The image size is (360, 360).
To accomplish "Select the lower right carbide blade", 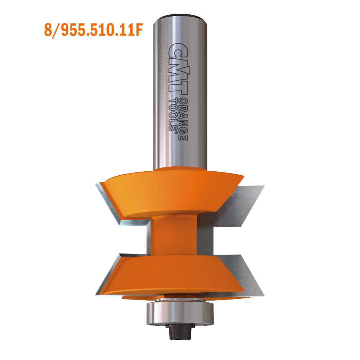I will click(248, 275).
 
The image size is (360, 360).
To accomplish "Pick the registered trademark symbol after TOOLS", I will click(175, 132).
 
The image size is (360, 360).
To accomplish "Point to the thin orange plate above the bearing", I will click(144, 298).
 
